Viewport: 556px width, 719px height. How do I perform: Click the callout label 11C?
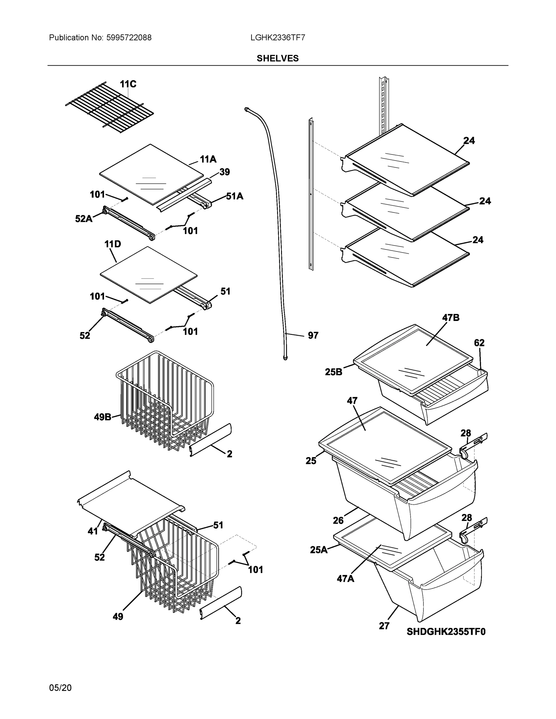pos(128,84)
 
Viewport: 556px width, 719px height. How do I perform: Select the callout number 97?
pos(313,336)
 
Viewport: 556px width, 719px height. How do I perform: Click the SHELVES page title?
pos(277,58)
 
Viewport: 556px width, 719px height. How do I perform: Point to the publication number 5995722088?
pos(129,37)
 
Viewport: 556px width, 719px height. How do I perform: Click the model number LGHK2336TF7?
pos(277,37)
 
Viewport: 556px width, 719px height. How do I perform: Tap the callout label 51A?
pos(234,197)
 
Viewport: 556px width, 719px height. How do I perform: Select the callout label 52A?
pos(84,219)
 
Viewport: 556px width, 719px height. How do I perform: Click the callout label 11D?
pos(113,244)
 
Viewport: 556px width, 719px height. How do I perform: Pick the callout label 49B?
pos(103,417)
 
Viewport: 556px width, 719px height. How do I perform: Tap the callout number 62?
pos(479,343)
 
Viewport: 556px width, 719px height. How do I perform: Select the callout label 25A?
pos(319,550)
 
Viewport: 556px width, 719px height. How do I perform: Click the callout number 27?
pos(384,626)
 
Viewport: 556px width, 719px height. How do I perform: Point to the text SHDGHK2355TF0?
pos(446,632)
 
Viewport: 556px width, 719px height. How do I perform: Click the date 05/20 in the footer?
pos(60,688)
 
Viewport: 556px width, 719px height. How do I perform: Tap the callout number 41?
pos(93,531)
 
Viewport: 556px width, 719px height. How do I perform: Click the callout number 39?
pos(224,172)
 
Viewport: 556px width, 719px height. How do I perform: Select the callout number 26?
pos(338,520)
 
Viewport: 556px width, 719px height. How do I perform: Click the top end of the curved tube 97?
pos(246,109)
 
